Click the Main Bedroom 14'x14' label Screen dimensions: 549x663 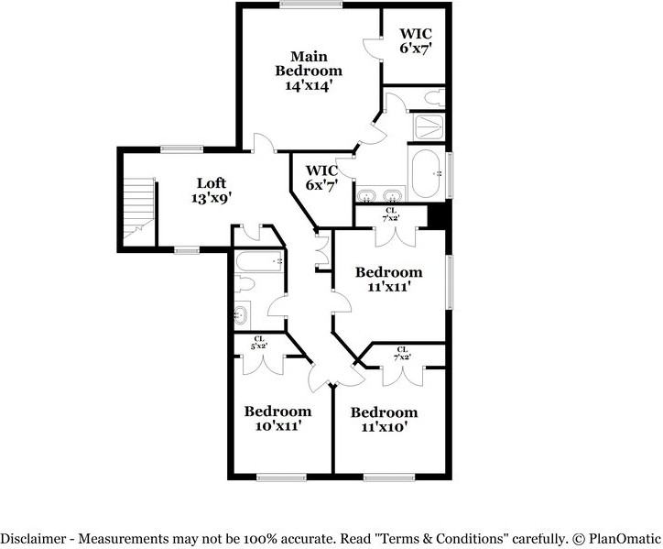coord(310,70)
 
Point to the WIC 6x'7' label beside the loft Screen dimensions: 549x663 coord(321,177)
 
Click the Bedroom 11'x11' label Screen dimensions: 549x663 coord(389,279)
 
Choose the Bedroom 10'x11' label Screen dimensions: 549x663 coord(277,418)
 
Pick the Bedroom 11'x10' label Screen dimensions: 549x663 coord(384,419)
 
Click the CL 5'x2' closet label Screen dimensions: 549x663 coord(260,342)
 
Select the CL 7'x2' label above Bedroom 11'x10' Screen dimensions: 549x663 coord(403,353)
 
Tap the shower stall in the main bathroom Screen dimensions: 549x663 coord(428,126)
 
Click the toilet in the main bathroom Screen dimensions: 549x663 coord(432,97)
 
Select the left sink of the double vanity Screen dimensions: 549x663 coord(368,194)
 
